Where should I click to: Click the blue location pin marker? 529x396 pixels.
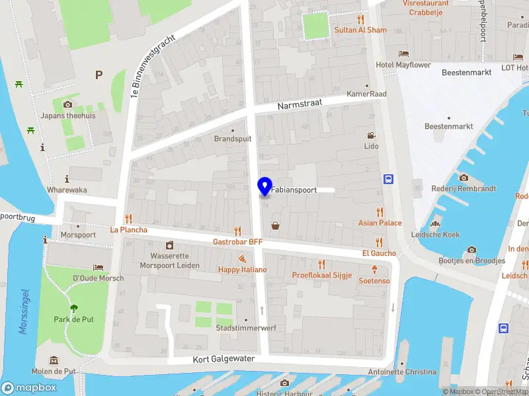click(x=264, y=187)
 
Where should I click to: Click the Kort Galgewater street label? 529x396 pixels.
click(x=224, y=359)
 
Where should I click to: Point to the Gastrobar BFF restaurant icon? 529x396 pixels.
click(x=237, y=230)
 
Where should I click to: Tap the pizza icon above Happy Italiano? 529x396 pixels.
click(x=243, y=259)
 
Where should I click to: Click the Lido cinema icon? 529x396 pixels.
click(x=371, y=135)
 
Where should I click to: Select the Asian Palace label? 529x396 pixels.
click(x=380, y=223)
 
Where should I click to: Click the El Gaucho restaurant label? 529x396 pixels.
click(x=379, y=253)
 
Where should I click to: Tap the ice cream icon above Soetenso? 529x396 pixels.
click(x=374, y=269)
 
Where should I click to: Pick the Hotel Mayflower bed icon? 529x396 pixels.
click(x=403, y=54)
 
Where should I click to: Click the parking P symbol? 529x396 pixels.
click(x=99, y=75)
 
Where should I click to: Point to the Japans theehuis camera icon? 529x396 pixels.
click(x=67, y=104)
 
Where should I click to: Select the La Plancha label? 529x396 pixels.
click(x=128, y=230)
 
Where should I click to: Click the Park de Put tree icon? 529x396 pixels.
click(x=73, y=308)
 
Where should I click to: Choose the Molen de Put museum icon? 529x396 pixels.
click(x=54, y=360)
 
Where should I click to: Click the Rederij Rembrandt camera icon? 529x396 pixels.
click(x=464, y=178)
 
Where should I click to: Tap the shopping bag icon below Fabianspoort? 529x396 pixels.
click(x=275, y=226)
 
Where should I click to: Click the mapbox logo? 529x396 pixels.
click(x=30, y=388)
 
